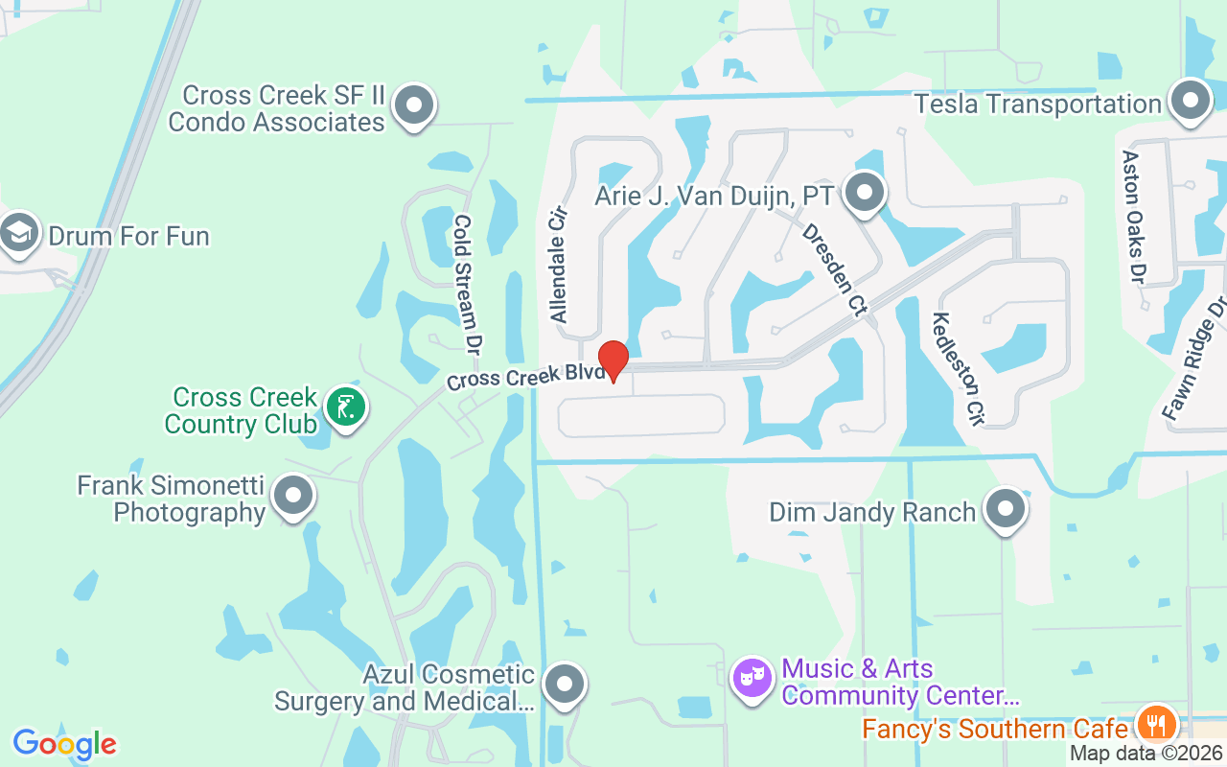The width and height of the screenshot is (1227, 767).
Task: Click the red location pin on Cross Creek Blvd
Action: tap(613, 360)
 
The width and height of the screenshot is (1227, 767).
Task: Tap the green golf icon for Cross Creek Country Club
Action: tap(345, 407)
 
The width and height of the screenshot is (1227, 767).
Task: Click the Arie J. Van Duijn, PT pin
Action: tap(866, 193)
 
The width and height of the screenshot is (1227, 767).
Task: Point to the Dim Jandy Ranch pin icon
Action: tap(1006, 509)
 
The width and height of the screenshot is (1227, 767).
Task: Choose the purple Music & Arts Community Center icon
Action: tap(752, 679)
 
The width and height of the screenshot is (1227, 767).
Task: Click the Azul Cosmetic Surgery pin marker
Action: tap(565, 685)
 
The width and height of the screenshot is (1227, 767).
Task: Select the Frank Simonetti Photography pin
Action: tap(292, 496)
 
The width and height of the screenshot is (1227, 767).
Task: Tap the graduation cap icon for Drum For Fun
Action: tap(19, 233)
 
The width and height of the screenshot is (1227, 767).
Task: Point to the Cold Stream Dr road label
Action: tap(467, 285)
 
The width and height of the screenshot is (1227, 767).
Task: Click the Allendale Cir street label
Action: tap(559, 267)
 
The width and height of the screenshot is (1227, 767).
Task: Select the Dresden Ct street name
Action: tap(834, 270)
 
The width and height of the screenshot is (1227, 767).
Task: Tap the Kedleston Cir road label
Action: tap(959, 368)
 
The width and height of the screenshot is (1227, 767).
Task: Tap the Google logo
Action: tap(64, 744)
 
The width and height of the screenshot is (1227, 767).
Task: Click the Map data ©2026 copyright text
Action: tap(1146, 754)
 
